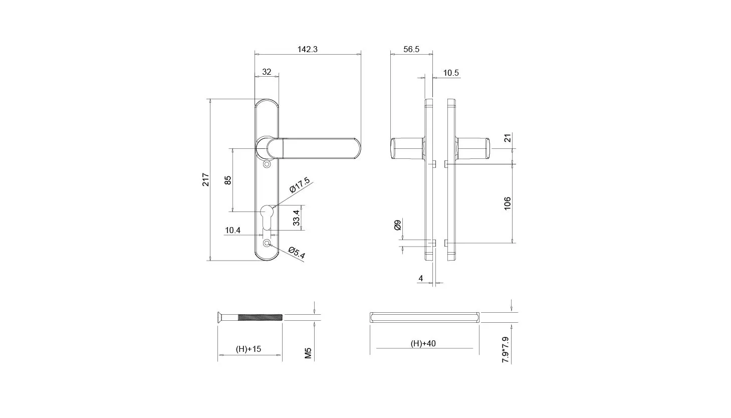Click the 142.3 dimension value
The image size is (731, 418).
click(x=307, y=49)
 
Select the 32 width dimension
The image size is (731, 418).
click(x=267, y=72)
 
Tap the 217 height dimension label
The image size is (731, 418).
click(x=205, y=179)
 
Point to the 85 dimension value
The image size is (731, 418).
click(x=228, y=180)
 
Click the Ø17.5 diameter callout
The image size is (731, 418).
click(x=300, y=185)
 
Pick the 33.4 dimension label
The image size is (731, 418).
click(x=296, y=218)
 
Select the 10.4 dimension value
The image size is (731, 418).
click(x=232, y=230)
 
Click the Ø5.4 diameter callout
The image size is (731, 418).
click(x=297, y=253)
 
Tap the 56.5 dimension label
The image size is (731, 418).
click(x=411, y=49)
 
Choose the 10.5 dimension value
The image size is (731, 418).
click(x=451, y=73)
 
